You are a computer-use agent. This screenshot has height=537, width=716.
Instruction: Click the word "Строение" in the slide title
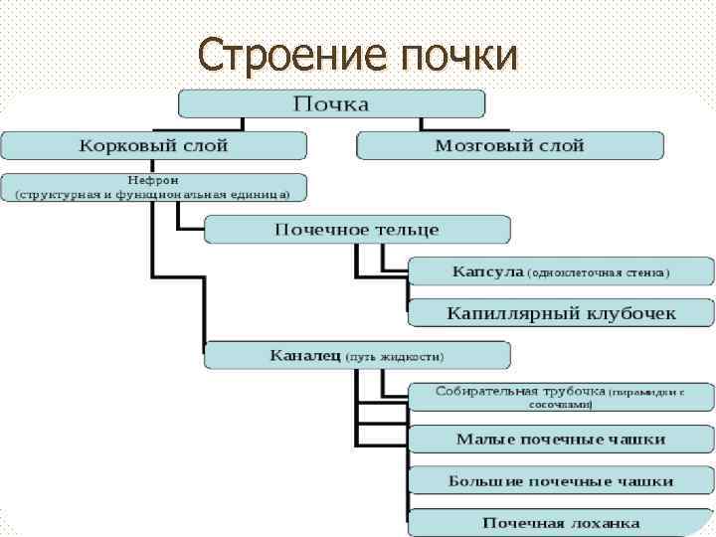pos(279,55)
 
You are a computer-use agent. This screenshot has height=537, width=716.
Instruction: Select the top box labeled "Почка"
pos(331,104)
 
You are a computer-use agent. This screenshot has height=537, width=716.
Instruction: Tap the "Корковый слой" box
pos(153,145)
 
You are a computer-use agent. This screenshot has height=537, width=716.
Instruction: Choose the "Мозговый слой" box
pos(509,145)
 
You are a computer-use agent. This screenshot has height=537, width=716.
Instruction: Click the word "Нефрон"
pos(152,180)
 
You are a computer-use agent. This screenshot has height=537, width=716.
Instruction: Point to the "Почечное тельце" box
pos(357,230)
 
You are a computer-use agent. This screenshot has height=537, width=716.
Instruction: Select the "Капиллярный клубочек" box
pos(561,313)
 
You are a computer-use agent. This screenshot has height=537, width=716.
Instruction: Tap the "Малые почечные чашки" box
pos(561,439)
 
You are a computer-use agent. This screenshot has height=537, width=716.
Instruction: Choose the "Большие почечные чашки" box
pos(561,480)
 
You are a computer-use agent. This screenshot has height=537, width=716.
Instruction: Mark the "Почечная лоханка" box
pos(561,522)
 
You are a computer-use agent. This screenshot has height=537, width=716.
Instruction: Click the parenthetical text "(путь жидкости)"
pos(395,356)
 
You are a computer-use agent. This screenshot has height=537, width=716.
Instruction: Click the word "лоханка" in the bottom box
pos(608,522)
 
